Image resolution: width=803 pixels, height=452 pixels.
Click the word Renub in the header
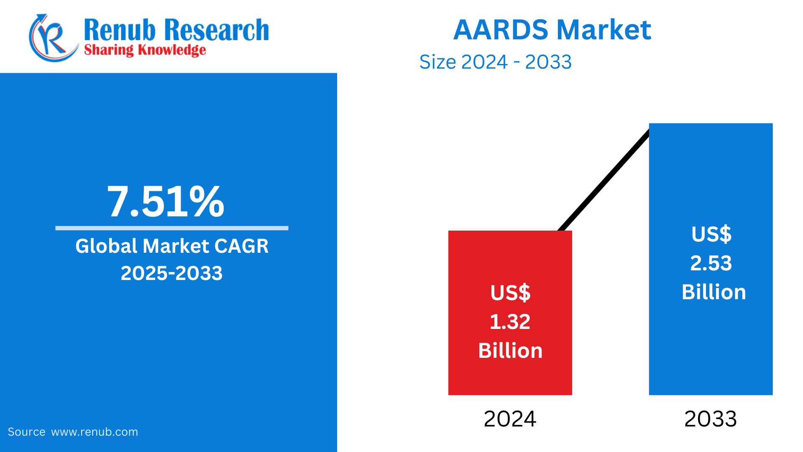click(x=119, y=30)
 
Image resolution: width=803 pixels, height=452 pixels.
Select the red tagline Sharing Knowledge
click(x=145, y=50)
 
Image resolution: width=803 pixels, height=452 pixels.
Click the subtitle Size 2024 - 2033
click(x=495, y=62)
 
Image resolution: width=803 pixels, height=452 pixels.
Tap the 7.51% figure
click(x=166, y=202)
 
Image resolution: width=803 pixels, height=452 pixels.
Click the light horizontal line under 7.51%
click(x=171, y=228)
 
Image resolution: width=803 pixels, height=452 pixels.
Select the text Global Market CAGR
click(x=171, y=246)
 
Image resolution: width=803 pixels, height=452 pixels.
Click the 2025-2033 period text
click(x=171, y=273)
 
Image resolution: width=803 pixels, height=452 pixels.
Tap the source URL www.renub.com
click(x=94, y=432)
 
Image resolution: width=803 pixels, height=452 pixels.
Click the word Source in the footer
click(x=26, y=432)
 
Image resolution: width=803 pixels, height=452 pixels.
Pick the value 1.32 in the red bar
click(x=510, y=321)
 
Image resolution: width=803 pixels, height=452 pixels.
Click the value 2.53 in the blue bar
click(x=711, y=263)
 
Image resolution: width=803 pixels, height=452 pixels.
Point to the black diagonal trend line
click(x=604, y=180)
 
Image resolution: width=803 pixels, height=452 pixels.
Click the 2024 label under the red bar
click(x=509, y=419)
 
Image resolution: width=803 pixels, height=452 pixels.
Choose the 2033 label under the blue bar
click(x=710, y=419)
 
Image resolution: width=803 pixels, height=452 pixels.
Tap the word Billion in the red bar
click(x=510, y=351)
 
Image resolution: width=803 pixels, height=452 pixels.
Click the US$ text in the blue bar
click(x=711, y=234)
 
